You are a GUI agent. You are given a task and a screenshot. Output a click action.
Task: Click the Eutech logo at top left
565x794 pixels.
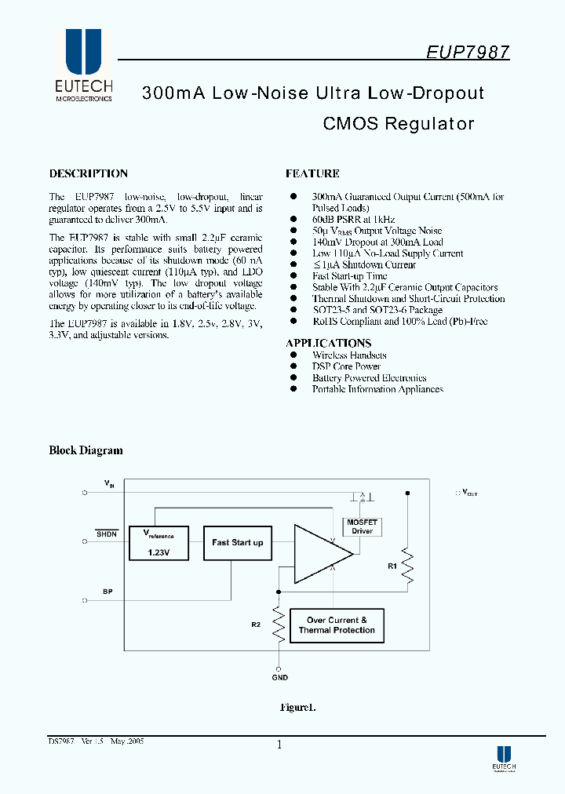tap(83, 66)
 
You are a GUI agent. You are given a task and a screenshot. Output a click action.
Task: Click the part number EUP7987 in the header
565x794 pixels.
tap(468, 52)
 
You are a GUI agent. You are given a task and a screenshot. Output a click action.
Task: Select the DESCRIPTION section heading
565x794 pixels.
tap(88, 173)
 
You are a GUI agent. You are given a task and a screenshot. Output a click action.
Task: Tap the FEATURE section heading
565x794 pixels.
tap(312, 173)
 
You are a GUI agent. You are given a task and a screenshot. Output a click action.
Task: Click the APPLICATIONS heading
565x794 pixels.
tap(328, 343)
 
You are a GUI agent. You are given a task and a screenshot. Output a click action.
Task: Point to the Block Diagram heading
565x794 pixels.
tap(86, 450)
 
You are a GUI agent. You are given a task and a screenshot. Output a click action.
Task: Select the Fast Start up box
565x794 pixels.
tap(237, 542)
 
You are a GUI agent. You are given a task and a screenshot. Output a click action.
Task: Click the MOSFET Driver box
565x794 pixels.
tap(362, 526)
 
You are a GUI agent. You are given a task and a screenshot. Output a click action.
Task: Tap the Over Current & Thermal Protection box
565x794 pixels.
tap(337, 625)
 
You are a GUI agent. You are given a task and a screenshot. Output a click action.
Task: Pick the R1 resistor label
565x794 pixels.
tap(393, 564)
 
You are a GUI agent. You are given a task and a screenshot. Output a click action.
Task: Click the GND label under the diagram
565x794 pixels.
tap(280, 677)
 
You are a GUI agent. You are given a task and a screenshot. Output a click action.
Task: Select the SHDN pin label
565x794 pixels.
tap(107, 534)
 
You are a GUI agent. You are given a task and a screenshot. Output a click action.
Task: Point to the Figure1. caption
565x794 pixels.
tap(298, 707)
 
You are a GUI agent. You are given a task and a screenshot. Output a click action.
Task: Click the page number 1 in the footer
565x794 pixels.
tap(279, 745)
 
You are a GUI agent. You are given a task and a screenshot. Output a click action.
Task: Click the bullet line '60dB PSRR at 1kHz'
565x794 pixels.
tap(353, 220)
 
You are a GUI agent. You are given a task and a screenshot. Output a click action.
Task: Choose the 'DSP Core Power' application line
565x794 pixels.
tap(346, 366)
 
